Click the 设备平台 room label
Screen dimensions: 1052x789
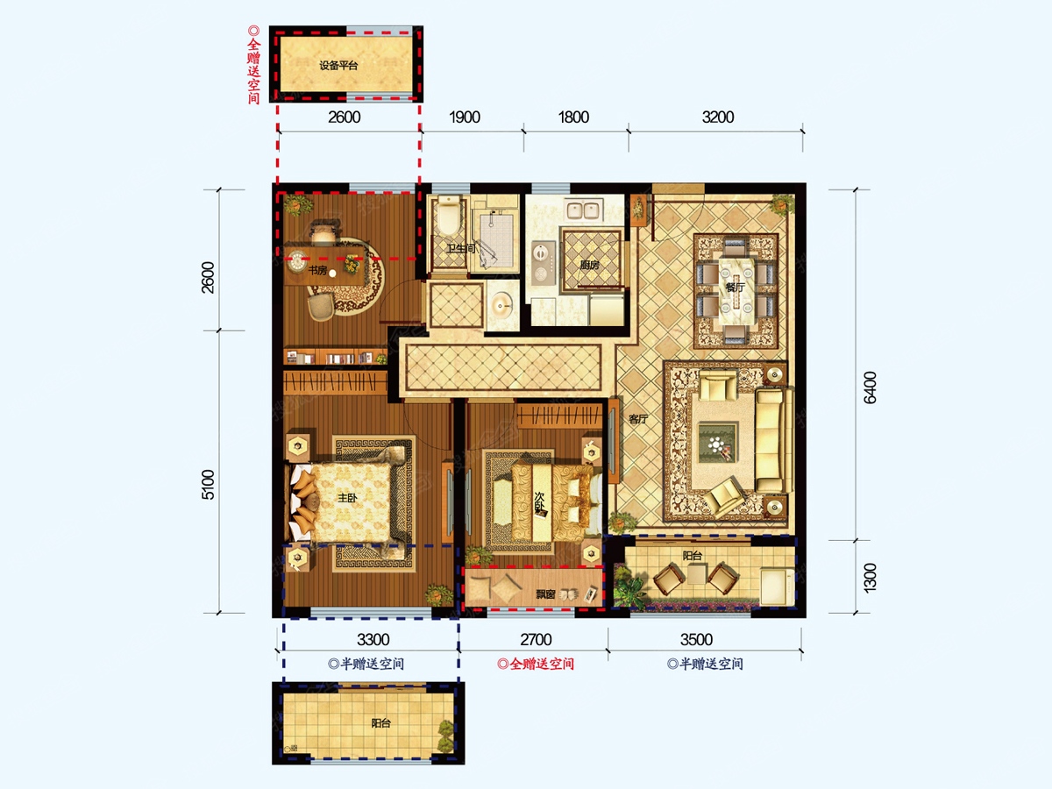(338, 66)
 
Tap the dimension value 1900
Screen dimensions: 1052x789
(465, 117)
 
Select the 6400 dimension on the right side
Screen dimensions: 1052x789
(870, 387)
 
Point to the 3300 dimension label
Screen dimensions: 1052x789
(373, 640)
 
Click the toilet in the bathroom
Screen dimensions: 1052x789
(449, 216)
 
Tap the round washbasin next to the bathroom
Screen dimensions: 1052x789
(501, 305)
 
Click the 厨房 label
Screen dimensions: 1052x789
(589, 265)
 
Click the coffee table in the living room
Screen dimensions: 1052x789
(717, 442)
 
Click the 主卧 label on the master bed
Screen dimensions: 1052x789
(347, 498)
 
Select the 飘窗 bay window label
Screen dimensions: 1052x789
(545, 594)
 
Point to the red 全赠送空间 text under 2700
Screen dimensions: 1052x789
(536, 664)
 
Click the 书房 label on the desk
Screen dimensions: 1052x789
(317, 271)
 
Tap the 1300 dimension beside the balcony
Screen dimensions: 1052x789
(870, 578)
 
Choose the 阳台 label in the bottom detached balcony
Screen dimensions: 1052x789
(381, 723)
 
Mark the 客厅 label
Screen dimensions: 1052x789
(638, 419)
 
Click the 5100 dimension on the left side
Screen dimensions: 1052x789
(208, 485)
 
